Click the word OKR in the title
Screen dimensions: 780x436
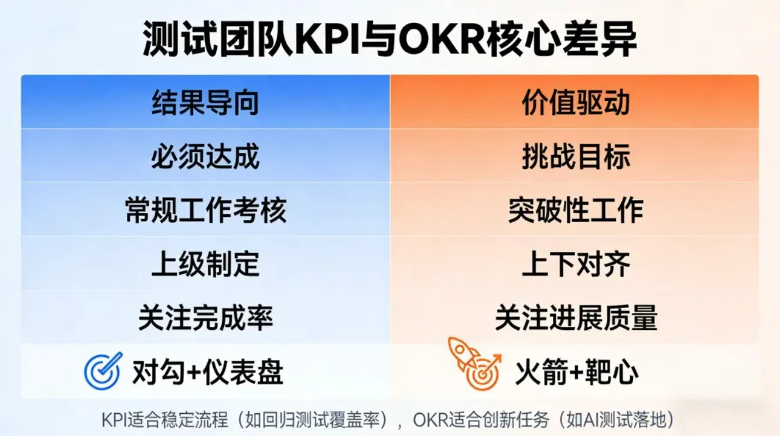[x=442, y=39]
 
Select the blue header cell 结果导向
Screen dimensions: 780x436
[x=206, y=102]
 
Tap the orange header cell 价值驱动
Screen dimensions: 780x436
[x=574, y=102]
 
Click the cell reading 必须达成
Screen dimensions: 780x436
[x=206, y=156]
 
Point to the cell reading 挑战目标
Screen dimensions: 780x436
[x=574, y=156]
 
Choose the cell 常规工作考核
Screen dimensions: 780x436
[x=206, y=209]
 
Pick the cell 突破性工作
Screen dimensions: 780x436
[x=574, y=209]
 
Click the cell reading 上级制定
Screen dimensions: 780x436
[x=206, y=263]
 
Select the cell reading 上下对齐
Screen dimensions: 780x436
[x=574, y=263]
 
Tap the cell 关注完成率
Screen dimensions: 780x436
[x=206, y=317]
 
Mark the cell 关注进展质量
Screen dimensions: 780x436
[x=574, y=317]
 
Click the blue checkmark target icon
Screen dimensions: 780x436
[x=103, y=370]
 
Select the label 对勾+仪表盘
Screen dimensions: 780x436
[x=207, y=372]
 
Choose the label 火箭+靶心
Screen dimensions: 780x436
[x=577, y=372]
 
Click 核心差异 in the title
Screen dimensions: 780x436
[x=562, y=39]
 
